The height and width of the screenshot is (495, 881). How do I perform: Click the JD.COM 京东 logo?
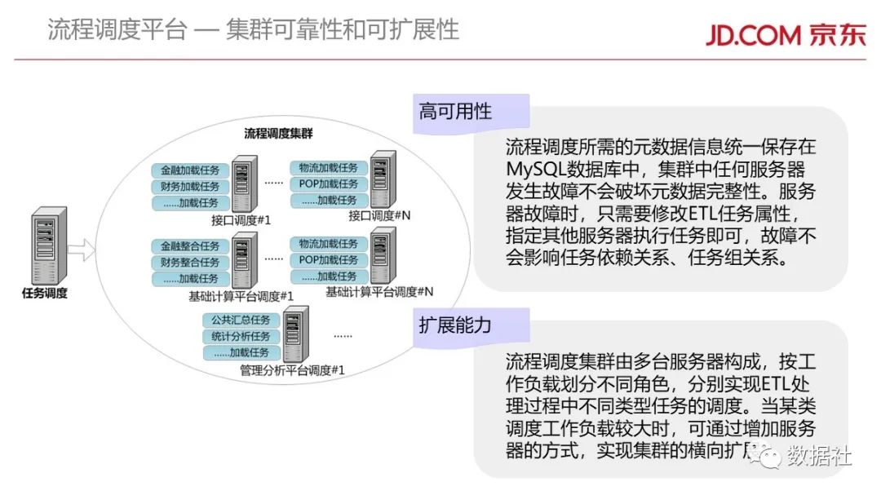click(x=785, y=32)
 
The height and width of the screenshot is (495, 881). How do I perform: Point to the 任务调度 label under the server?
click(x=45, y=294)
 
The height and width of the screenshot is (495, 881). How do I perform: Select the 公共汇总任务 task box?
click(x=241, y=320)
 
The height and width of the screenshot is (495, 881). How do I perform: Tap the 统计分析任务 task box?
click(x=241, y=337)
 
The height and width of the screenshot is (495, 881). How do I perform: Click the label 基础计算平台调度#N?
click(x=379, y=291)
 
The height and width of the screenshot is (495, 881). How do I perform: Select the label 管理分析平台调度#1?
click(x=292, y=370)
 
